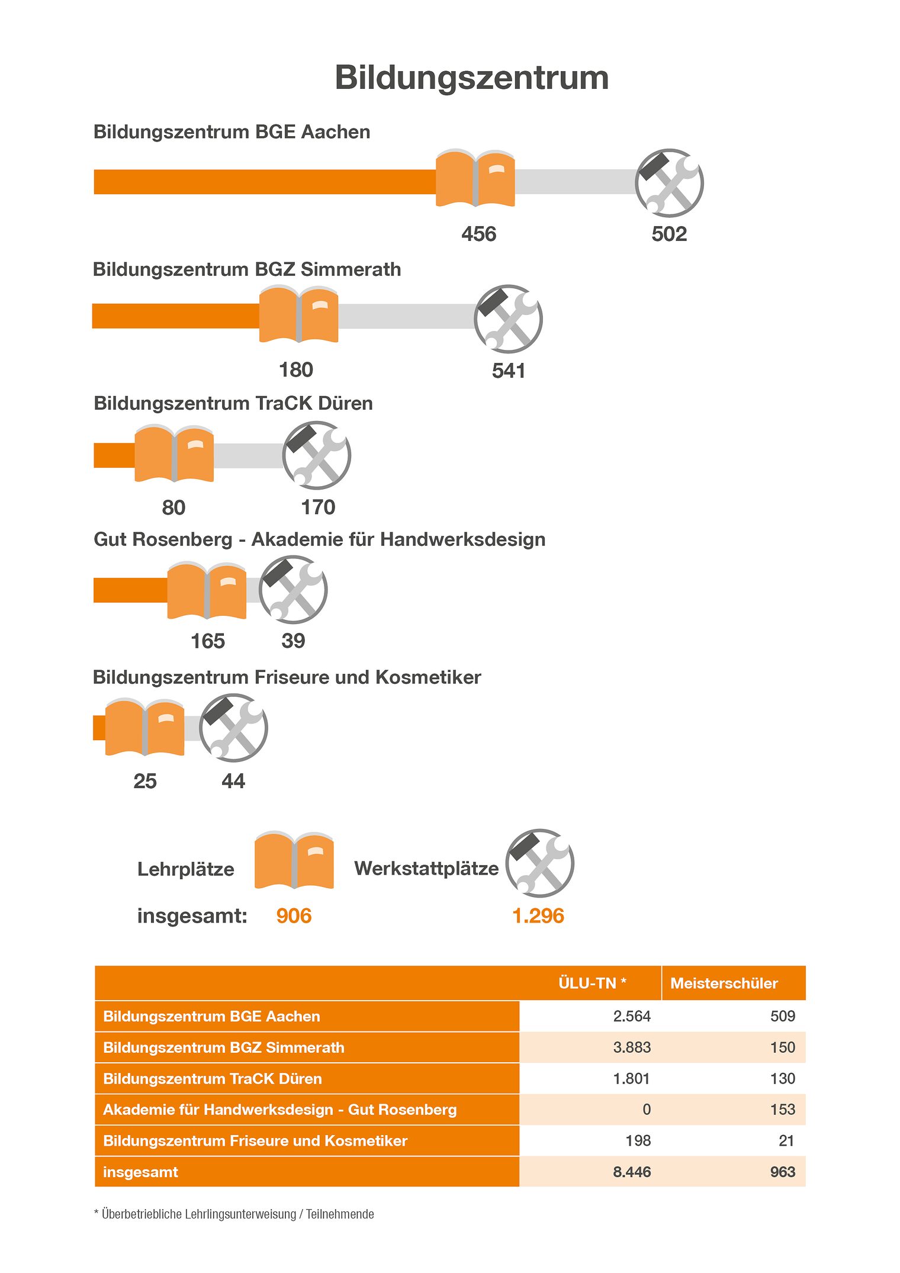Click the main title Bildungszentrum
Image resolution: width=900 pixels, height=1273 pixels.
(x=471, y=78)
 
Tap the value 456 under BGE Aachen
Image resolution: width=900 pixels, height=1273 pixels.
(x=479, y=234)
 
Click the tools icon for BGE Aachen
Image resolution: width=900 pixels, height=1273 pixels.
(x=669, y=182)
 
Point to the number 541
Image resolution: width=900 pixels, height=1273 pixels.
(x=509, y=371)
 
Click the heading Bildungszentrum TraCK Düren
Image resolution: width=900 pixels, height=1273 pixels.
(x=233, y=403)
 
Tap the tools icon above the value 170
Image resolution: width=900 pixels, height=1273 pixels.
(x=317, y=455)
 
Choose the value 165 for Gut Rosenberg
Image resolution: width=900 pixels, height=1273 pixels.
(x=208, y=641)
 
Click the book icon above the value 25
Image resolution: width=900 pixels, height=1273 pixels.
(x=144, y=727)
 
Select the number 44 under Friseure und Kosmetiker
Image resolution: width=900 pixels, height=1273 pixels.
(x=233, y=781)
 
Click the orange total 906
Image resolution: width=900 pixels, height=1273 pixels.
(x=294, y=915)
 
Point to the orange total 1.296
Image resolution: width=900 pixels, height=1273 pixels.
(x=538, y=915)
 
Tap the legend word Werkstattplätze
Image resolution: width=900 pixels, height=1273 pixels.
(x=426, y=869)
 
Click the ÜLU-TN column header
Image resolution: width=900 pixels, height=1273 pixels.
(x=592, y=983)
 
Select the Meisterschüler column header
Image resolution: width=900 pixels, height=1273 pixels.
(x=724, y=983)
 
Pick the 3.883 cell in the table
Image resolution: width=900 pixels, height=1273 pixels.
(x=632, y=1047)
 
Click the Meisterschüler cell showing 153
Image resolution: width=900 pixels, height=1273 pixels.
(x=783, y=1109)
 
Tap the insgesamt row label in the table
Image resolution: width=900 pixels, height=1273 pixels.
(x=140, y=1172)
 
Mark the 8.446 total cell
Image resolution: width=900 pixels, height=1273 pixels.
(x=632, y=1172)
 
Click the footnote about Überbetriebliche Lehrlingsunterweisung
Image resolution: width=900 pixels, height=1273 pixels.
(x=234, y=1214)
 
